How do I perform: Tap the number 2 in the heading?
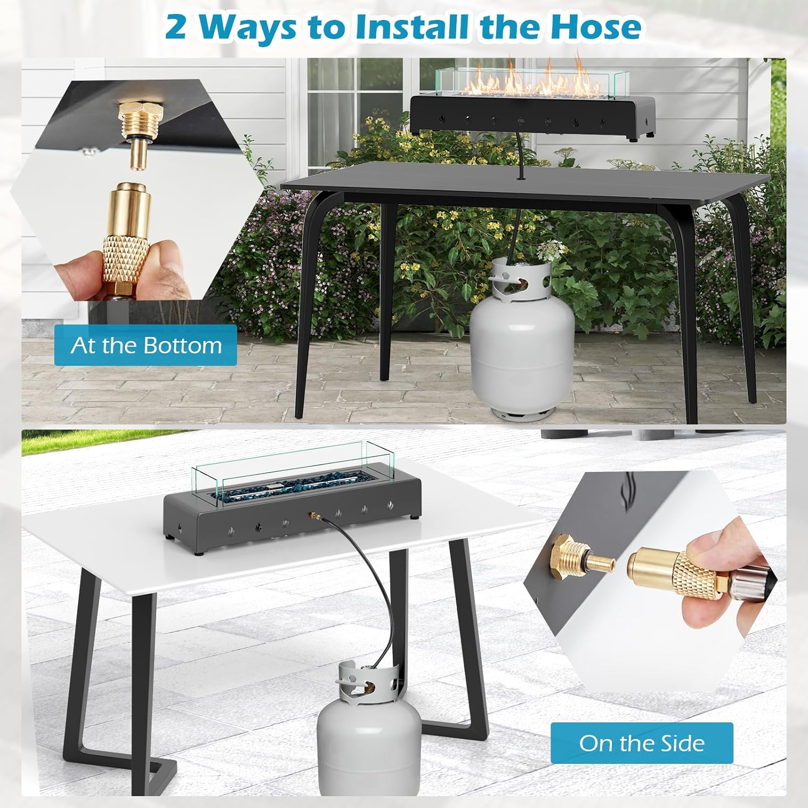coord(176,27)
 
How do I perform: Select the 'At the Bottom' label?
coord(146,345)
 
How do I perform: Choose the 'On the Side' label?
coord(642,743)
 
